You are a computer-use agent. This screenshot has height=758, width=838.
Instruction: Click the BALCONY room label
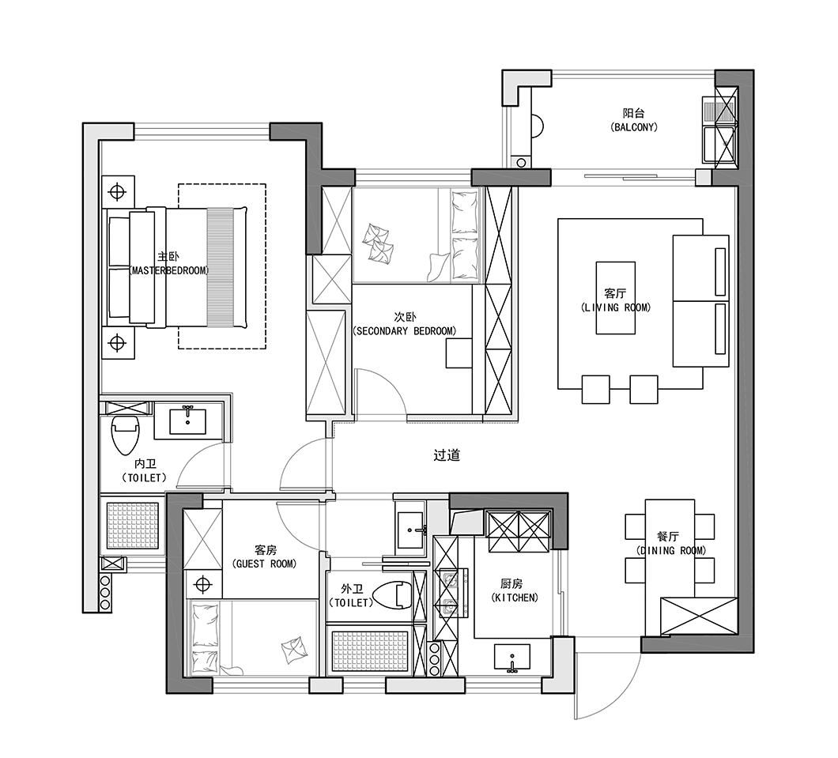[634, 127]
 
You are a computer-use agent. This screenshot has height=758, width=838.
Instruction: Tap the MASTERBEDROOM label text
[169, 271]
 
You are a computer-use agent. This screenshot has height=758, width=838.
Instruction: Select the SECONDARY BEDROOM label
[405, 331]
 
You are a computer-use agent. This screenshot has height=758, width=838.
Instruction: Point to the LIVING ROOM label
[616, 307]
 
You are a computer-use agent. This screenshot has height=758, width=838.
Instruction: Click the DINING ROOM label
[670, 550]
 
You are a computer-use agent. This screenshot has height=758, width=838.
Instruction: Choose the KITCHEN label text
[515, 598]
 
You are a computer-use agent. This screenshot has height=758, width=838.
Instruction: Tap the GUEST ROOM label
[265, 564]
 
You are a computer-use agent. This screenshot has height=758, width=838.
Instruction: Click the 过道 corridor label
[447, 455]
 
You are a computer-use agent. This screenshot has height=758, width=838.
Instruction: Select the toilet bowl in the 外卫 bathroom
[392, 595]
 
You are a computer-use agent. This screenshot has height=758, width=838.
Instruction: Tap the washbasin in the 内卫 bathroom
[187, 421]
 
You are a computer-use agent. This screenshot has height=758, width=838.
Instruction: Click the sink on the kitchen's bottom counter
[512, 657]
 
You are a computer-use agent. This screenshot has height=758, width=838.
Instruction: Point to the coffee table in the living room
[616, 298]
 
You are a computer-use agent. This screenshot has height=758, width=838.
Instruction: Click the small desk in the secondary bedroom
[459, 355]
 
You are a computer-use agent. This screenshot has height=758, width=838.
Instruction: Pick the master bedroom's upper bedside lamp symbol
[117, 191]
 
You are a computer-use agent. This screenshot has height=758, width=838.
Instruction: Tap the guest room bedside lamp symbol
[203, 584]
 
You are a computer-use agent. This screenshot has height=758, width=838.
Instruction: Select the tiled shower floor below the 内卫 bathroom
[133, 526]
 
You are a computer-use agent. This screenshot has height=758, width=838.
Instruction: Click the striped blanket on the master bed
[221, 267]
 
